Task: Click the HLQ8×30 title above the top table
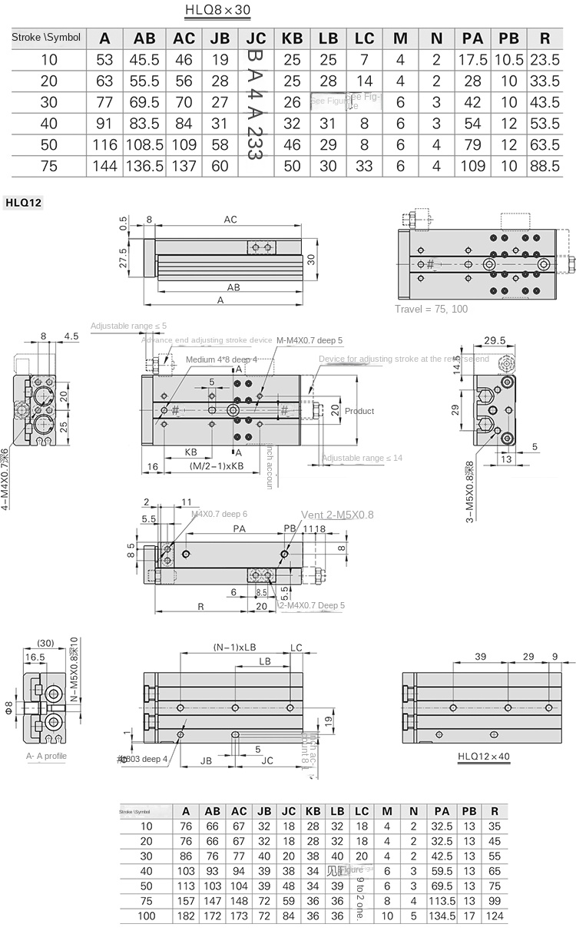(x=217, y=11)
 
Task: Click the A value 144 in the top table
(x=104, y=165)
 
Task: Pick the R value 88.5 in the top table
(x=545, y=165)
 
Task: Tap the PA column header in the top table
(x=472, y=38)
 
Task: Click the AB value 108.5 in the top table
(x=144, y=144)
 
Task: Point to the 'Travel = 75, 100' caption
(x=431, y=309)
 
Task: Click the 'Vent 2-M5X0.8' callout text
(x=337, y=515)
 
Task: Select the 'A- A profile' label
(x=47, y=756)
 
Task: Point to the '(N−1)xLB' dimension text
(x=235, y=647)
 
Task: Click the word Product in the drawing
(x=359, y=411)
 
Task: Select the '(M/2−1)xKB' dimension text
(x=216, y=466)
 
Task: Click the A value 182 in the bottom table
(x=185, y=916)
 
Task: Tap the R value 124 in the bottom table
(x=495, y=916)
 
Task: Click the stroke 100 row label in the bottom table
(x=146, y=916)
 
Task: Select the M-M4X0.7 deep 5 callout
(x=310, y=340)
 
